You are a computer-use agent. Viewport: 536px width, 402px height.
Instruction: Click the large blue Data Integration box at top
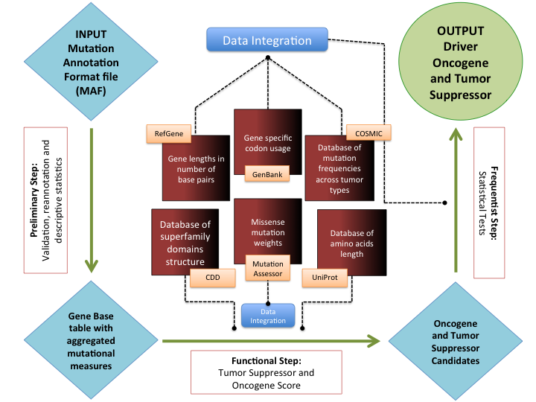coord(267,39)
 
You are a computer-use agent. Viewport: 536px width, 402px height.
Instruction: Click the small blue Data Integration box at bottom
coord(267,316)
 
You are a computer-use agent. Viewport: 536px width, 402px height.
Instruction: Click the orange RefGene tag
coord(168,133)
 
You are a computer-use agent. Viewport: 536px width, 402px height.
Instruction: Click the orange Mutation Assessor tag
coord(268,269)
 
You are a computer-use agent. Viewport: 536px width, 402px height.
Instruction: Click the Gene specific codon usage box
coord(267,138)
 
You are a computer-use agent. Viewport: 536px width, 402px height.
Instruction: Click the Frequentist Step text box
coord(489,202)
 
